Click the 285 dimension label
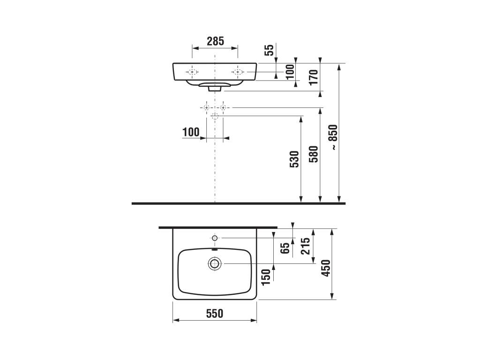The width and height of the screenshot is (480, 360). (215, 41)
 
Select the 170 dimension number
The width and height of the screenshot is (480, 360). (314, 77)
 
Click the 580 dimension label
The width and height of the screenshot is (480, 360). (314, 154)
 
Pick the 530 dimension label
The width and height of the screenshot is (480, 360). (294, 159)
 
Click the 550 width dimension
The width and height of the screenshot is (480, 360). (215, 314)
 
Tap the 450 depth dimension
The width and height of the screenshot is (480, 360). (326, 268)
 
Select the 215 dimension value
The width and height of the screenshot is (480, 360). (306, 246)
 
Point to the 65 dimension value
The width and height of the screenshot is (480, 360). (285, 247)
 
